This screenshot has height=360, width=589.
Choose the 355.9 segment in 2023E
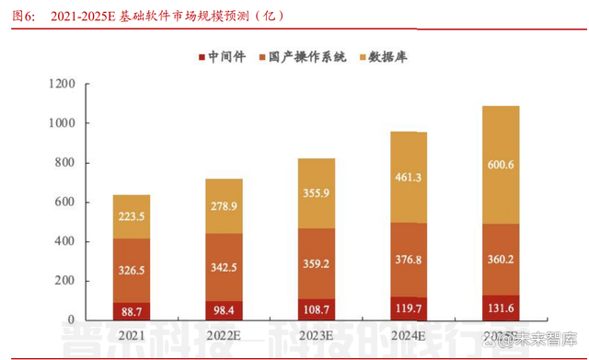tap(316, 194)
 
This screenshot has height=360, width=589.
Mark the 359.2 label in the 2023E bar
tap(316, 262)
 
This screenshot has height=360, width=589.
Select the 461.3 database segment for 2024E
tap(408, 177)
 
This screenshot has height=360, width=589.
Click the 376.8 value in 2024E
tap(408, 259)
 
